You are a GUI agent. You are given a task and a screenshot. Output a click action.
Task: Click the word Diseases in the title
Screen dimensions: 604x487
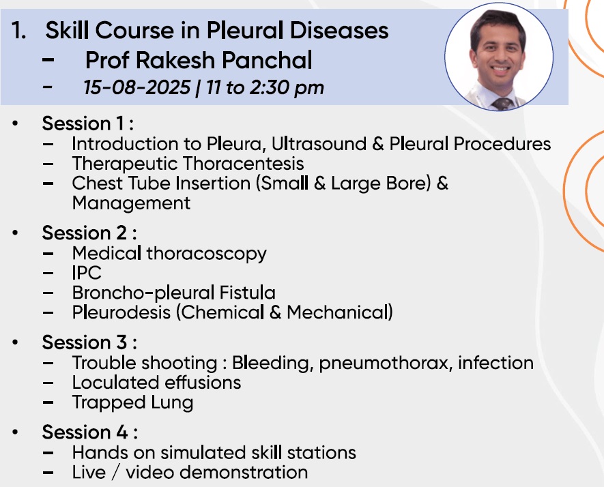339,30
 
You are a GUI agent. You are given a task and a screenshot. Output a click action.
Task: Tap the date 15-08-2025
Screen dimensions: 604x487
136,87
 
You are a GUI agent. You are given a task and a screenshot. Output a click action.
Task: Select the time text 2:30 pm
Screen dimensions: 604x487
287,88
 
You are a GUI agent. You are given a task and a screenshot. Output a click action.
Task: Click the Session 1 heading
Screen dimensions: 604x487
88,123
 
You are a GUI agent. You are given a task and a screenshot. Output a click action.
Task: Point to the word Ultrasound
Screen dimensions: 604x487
319,144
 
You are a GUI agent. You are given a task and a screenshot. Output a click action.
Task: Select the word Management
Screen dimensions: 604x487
131,203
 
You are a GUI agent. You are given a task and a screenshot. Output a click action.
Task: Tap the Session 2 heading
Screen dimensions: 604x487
89,233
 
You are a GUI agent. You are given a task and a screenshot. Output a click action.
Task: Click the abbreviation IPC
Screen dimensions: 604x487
87,273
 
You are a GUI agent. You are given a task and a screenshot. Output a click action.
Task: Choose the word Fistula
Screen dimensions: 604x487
247,293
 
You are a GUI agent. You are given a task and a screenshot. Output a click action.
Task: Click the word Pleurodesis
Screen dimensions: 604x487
121,312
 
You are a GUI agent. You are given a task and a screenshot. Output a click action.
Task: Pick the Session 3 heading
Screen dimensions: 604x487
89,342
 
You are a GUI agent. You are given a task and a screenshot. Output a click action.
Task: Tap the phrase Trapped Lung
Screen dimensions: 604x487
132,402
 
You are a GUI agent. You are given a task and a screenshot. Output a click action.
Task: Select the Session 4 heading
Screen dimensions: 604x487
90,432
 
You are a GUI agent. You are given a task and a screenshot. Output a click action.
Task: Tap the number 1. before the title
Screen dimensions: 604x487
18,31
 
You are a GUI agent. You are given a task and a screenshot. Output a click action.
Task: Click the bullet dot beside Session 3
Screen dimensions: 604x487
15,342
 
